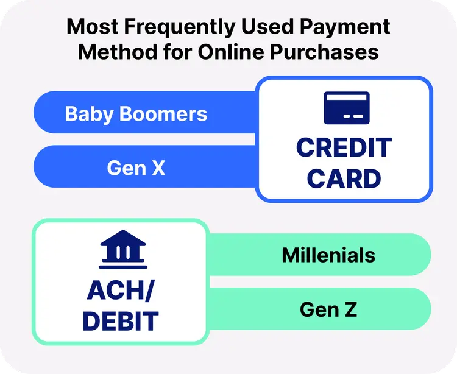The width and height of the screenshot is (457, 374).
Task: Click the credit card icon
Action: [346, 108]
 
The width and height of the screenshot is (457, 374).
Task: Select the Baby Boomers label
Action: [136, 114]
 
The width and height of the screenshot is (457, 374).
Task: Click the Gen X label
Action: [136, 168]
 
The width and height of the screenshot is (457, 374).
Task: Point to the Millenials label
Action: [328, 255]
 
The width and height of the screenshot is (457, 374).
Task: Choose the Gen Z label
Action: [328, 309]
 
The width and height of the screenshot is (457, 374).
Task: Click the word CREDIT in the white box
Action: [344, 148]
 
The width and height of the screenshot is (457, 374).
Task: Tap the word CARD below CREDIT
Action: [344, 179]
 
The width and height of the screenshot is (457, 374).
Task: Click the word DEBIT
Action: [120, 322]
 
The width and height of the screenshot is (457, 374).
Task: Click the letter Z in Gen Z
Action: [350, 309]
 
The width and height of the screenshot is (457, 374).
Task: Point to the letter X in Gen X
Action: [158, 168]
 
